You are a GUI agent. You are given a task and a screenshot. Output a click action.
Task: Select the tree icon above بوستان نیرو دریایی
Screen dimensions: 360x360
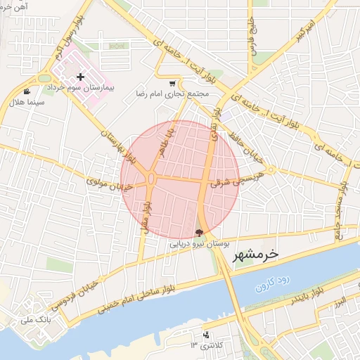coord(199,233)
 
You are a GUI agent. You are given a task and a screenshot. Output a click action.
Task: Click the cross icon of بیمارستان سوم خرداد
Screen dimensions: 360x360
coord(80,77)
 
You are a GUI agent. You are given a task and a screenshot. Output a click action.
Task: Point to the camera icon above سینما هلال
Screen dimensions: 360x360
coord(27,91)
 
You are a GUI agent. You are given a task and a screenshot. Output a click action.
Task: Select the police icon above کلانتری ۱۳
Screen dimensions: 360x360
coord(206,335)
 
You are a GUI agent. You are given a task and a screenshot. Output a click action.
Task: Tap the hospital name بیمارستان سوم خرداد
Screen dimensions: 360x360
coord(80,90)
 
